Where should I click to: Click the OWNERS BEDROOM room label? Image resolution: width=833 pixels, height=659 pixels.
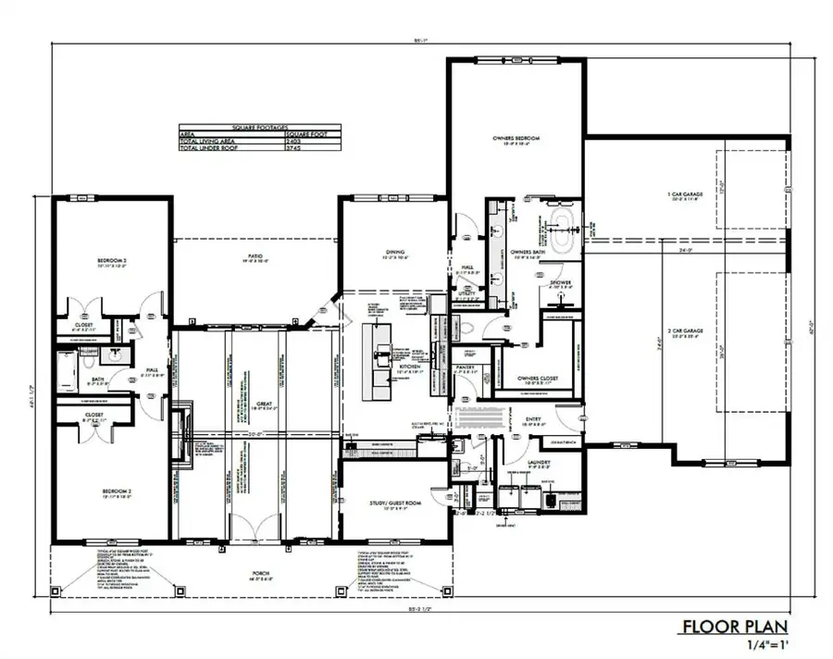point(516,138)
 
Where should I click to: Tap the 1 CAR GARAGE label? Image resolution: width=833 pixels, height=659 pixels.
point(686,194)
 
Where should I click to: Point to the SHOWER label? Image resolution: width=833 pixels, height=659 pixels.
point(560,283)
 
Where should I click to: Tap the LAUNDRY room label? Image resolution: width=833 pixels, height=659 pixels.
point(539,462)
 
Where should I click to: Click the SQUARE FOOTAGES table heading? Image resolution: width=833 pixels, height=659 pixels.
point(260,127)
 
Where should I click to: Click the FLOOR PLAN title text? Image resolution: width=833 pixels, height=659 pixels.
point(735,627)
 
